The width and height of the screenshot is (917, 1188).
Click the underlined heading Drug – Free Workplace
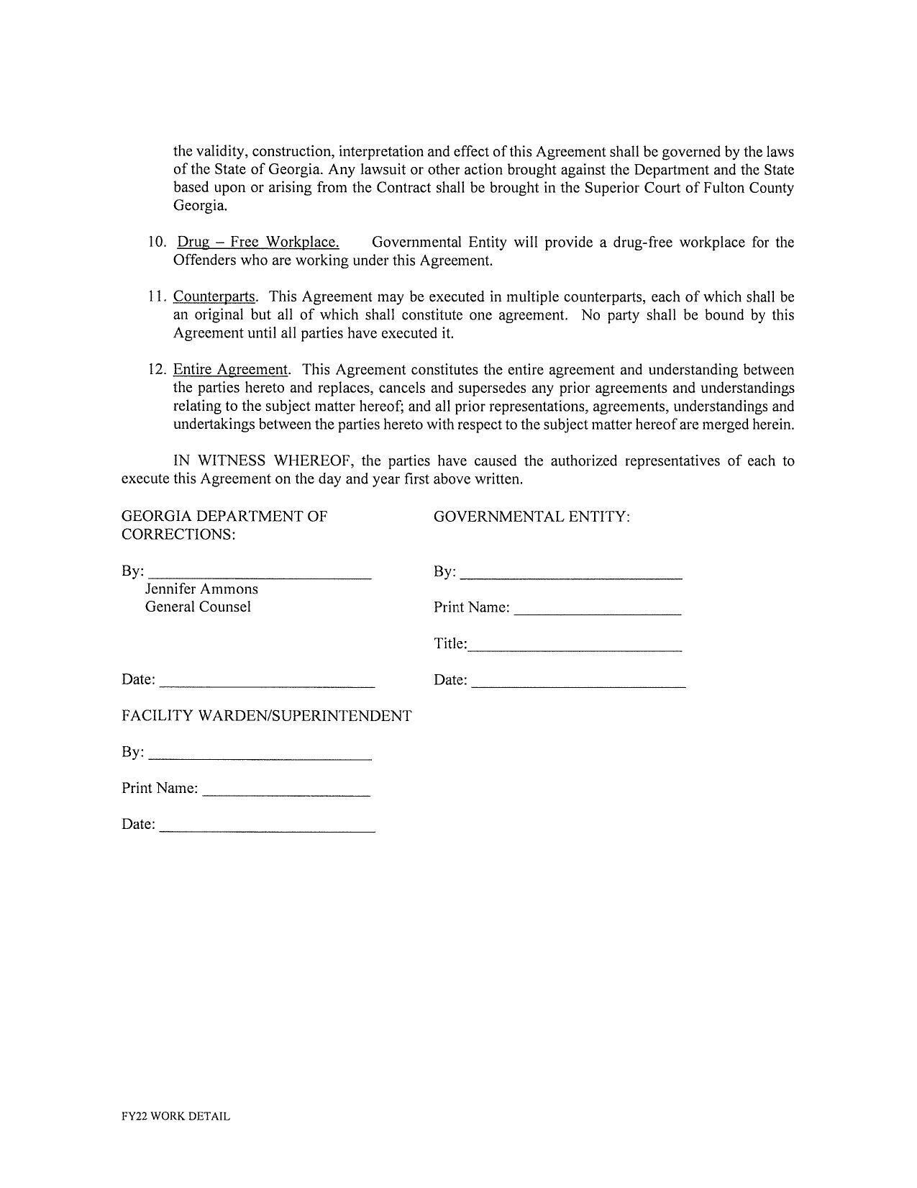(257, 242)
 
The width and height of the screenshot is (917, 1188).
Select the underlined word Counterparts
(214, 296)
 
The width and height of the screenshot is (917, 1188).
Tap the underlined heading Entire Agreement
(230, 370)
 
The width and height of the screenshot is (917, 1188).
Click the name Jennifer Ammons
(201, 589)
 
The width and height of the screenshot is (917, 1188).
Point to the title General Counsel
(198, 607)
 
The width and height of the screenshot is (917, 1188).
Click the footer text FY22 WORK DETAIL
(175, 1116)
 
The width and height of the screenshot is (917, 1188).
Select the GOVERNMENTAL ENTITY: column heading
(532, 517)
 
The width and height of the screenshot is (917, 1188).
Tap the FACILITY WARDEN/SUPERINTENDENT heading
(266, 716)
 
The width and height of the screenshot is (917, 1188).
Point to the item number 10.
(157, 242)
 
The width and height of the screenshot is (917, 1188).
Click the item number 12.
(157, 370)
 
